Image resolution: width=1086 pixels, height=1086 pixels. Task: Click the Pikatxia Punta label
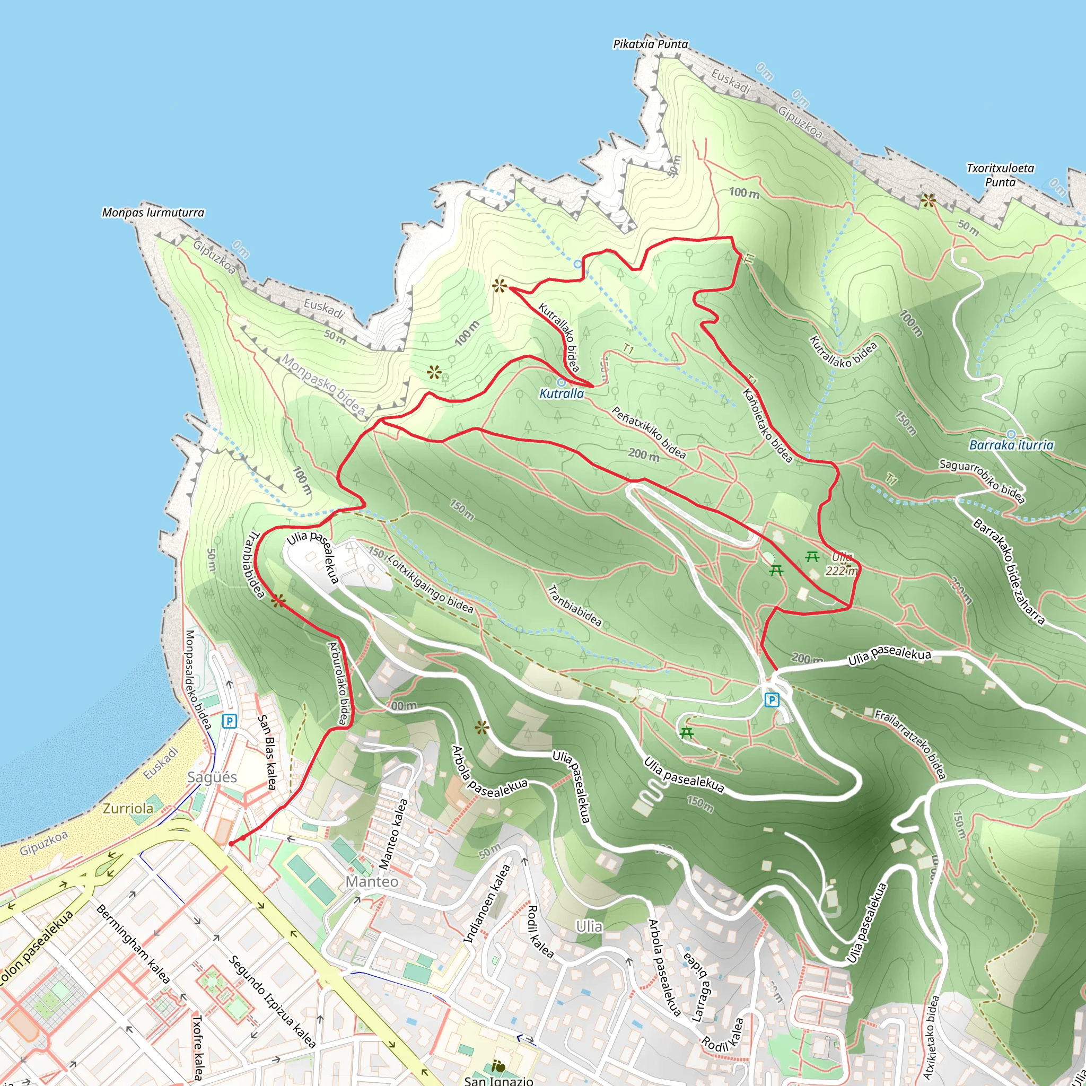click(650, 44)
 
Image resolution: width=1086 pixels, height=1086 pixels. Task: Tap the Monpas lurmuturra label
click(153, 213)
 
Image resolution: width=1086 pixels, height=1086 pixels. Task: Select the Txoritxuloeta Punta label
click(1000, 175)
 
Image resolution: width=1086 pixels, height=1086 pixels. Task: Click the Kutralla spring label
click(562, 393)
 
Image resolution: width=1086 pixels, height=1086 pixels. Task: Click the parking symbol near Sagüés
click(229, 721)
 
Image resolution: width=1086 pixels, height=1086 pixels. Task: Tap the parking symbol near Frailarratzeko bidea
click(772, 700)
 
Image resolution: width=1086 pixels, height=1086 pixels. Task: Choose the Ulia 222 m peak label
click(842, 564)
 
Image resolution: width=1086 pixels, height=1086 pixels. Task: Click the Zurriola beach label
click(128, 808)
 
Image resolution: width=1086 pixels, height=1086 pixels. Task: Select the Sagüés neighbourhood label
click(212, 777)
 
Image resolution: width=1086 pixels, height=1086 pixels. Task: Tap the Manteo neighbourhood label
click(372, 881)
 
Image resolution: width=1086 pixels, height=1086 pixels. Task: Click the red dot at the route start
click(231, 843)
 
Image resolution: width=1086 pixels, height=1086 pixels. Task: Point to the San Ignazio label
click(498, 1080)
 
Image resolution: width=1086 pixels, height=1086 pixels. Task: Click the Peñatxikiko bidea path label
click(649, 432)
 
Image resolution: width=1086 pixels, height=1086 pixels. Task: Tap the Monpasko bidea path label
click(323, 384)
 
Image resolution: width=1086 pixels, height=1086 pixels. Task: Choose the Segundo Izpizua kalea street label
click(272, 1001)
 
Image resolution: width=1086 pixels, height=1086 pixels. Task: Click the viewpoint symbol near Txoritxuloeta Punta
click(928, 199)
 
